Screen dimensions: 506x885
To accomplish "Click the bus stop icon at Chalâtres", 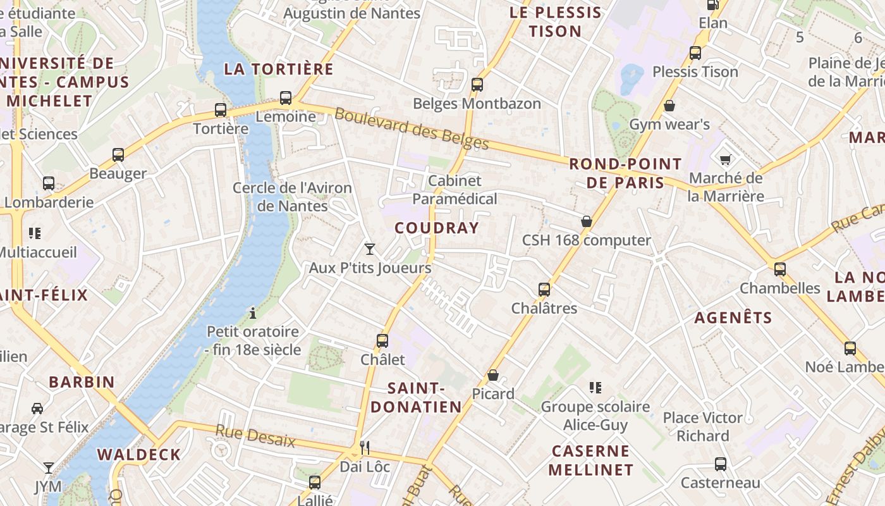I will click(544, 290).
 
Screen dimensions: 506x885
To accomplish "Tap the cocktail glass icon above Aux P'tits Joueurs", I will click(370, 249).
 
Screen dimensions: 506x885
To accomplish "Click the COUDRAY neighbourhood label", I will click(437, 228).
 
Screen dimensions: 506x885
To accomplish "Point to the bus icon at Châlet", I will click(382, 341).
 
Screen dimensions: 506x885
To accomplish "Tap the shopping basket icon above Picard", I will click(493, 376).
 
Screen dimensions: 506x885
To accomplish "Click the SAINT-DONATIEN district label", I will click(416, 397).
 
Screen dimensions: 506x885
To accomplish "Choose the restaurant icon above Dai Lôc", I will click(365, 448).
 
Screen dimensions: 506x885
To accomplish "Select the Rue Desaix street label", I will click(255, 436).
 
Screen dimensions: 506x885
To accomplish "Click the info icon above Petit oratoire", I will click(253, 312).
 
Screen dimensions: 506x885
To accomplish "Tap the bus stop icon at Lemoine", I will click(286, 98).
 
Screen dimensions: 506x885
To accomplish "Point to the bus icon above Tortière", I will click(221, 109).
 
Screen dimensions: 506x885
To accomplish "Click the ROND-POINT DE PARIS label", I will click(625, 173).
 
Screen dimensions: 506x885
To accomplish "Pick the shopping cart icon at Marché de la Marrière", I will click(725, 159).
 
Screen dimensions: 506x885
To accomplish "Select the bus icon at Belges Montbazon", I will click(477, 84).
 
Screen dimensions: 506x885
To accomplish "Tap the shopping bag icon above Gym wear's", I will click(669, 105).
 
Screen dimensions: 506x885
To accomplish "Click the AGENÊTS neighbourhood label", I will click(733, 318).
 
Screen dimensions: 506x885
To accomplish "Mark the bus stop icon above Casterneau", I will click(720, 464).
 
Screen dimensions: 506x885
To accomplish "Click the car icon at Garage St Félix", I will click(37, 408).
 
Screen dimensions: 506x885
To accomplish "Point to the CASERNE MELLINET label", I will click(590, 460).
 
